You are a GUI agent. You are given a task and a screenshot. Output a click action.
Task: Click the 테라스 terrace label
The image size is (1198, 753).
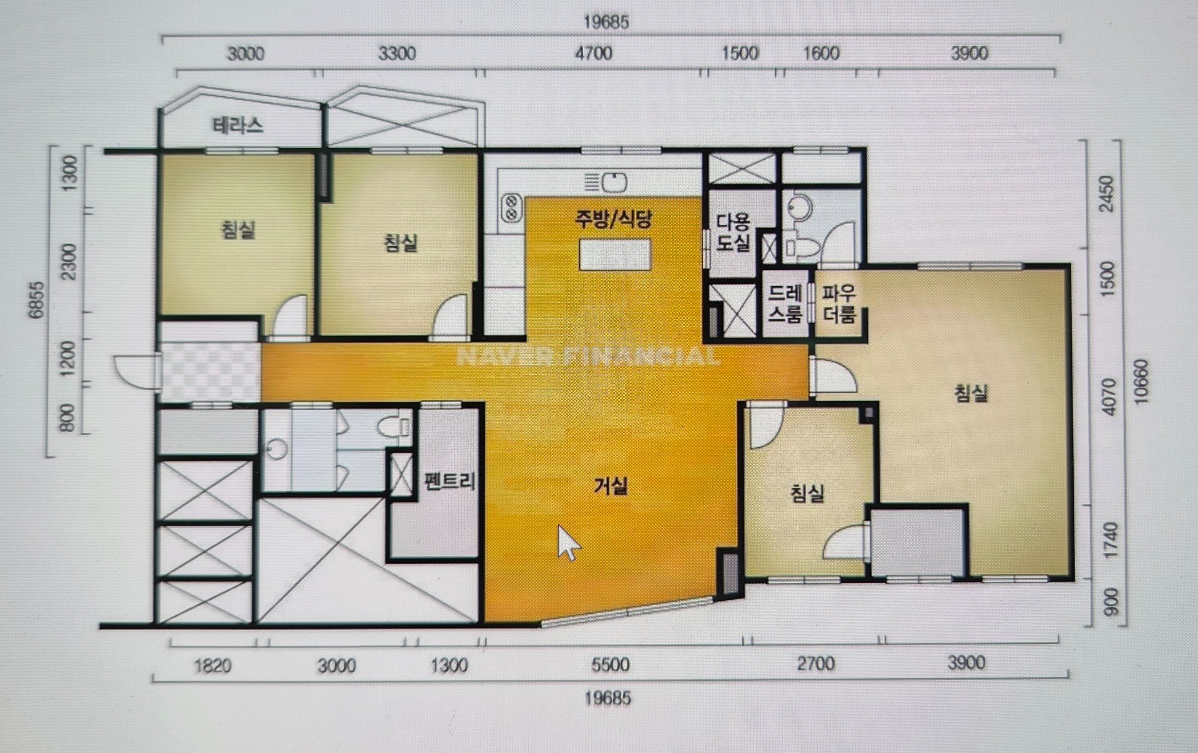(238, 125)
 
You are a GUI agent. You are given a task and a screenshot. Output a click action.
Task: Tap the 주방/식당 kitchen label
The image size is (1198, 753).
(614, 219)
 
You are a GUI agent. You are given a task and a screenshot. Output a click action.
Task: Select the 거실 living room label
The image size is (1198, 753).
(611, 485)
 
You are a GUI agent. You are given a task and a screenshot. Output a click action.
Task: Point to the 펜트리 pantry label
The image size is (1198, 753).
(449, 481)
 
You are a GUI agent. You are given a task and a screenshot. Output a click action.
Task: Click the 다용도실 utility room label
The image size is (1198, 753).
(733, 232)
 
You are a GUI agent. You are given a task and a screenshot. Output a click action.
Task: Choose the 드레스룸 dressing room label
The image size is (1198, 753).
(785, 303)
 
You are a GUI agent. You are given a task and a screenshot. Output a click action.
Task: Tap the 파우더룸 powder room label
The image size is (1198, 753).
(838, 304)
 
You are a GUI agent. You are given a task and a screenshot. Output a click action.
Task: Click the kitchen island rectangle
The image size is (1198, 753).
(615, 254)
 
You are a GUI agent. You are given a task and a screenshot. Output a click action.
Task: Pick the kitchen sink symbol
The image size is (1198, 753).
(614, 182)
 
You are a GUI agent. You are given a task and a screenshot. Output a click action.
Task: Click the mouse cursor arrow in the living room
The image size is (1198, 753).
(568, 543)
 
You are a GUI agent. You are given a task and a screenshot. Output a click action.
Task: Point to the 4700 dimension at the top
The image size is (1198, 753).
(593, 53)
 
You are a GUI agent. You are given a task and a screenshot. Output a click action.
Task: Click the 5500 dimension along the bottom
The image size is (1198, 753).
(610, 664)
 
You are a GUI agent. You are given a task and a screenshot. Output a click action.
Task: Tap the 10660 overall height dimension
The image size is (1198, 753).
(1141, 381)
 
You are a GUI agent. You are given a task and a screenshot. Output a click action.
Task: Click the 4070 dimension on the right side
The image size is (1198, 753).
(1109, 396)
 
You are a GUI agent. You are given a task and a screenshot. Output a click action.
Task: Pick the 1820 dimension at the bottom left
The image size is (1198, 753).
(213, 666)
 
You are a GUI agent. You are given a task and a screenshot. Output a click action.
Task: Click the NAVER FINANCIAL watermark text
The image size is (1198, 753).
(588, 357)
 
